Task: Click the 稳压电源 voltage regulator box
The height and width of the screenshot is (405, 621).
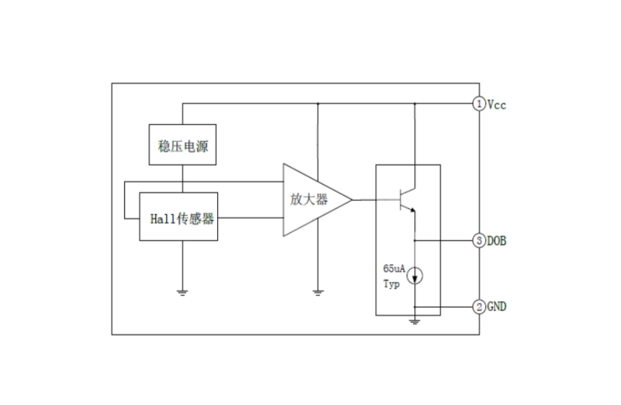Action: click(182, 145)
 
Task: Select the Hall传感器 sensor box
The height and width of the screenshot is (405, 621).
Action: click(182, 217)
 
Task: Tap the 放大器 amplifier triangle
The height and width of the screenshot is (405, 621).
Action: click(310, 200)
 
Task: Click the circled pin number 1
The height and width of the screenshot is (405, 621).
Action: click(478, 104)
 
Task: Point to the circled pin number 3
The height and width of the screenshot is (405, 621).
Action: click(478, 240)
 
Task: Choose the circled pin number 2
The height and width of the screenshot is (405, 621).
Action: click(478, 306)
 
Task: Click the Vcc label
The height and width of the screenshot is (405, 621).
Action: click(496, 104)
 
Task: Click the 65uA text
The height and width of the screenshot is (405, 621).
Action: click(394, 269)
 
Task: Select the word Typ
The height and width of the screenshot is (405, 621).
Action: click(391, 284)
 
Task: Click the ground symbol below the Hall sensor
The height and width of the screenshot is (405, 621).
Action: click(182, 292)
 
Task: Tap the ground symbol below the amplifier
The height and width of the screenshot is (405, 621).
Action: click(318, 292)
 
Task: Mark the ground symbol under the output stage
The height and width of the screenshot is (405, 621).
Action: click(415, 320)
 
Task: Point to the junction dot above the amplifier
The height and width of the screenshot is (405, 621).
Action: click(318, 104)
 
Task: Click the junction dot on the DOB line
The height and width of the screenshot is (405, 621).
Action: click(415, 240)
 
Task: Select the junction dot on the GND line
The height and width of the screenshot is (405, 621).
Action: click(415, 306)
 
